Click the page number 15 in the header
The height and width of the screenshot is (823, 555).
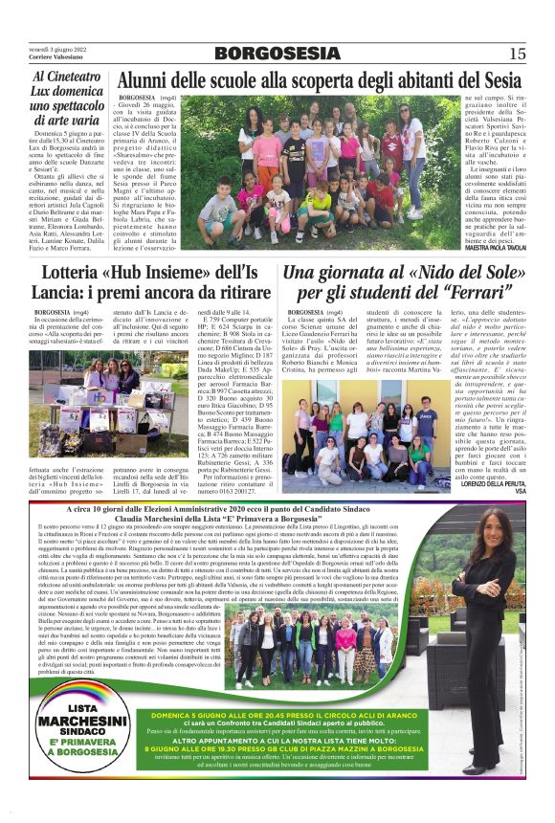[x=518, y=54]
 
